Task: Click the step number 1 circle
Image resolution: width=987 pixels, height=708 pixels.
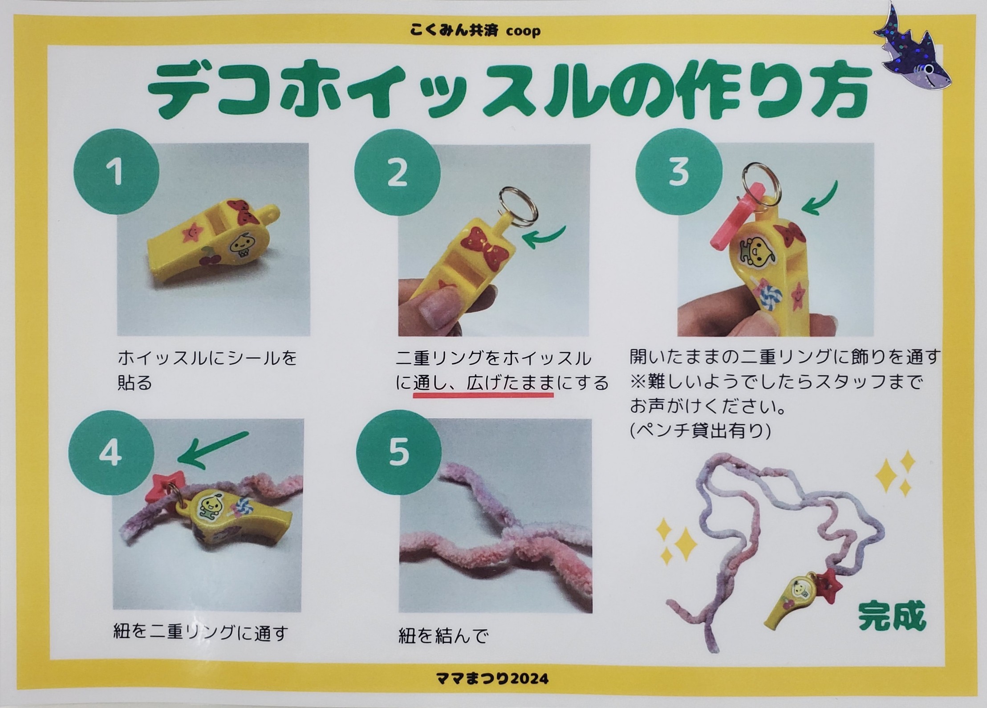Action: (116, 172)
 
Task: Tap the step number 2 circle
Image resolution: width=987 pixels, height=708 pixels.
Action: (397, 172)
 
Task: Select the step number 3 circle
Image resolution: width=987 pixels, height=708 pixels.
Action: (678, 172)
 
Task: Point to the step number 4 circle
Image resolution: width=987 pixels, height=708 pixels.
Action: (111, 453)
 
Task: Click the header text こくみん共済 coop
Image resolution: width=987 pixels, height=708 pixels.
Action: (475, 30)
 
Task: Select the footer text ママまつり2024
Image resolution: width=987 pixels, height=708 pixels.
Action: (493, 678)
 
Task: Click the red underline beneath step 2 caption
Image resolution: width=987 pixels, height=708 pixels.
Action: (483, 394)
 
